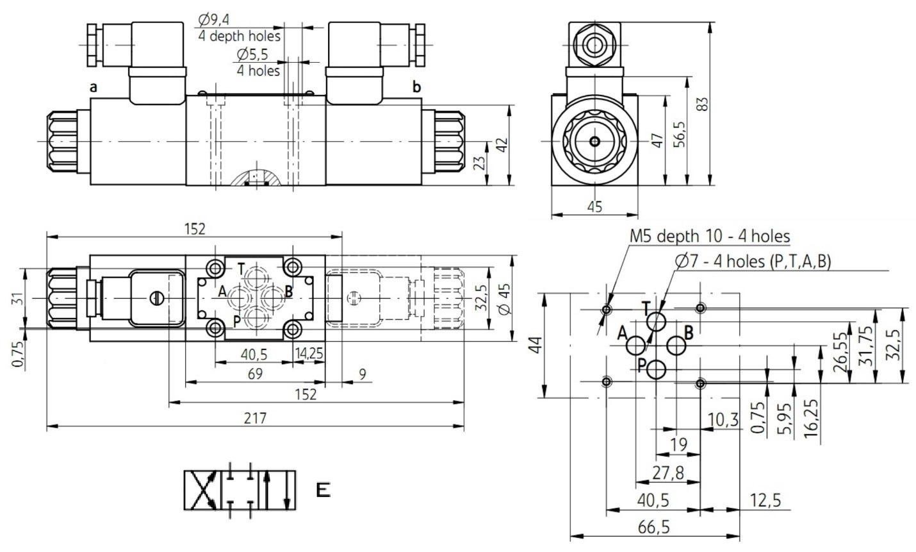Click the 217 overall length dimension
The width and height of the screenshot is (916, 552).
pos(255,418)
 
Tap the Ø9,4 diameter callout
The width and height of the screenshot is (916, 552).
pos(214,19)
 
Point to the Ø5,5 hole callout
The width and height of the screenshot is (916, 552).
pos(252,54)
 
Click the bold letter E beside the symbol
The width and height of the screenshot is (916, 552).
pos(323,490)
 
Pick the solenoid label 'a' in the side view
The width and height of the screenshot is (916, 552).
pos(94,87)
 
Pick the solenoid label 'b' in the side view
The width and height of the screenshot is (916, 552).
pos(417,87)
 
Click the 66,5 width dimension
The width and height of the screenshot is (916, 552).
pos(654,528)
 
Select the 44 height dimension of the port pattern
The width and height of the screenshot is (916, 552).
pos(536,345)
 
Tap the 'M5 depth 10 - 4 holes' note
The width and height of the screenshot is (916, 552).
pos(710,236)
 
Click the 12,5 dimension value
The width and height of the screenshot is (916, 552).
pos(765,500)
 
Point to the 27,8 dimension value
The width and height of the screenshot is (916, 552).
pos(667,473)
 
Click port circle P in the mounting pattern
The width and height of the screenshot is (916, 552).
pos(657,370)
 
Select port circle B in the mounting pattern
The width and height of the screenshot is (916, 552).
pos(676,346)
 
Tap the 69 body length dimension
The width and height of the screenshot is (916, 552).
pos(255,374)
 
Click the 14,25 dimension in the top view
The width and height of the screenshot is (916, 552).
pos(309,353)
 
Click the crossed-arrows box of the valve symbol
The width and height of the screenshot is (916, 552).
pos(202,490)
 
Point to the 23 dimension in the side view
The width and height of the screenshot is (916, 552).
pos(481,163)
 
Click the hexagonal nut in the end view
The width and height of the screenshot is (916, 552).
pos(594,45)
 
